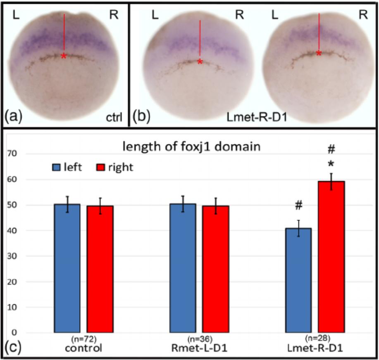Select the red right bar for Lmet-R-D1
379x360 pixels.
[x=331, y=256]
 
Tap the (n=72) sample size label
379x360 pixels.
[x=84, y=339]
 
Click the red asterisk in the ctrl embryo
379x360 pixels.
[x=64, y=56]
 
